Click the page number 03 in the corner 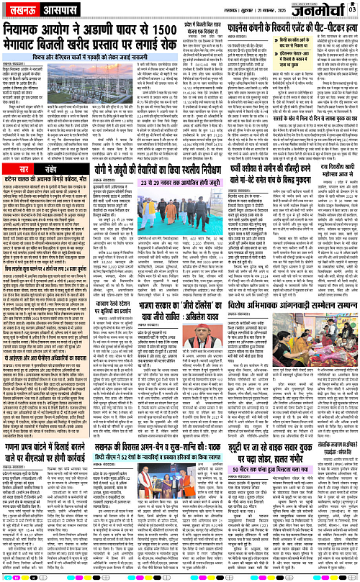352,9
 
